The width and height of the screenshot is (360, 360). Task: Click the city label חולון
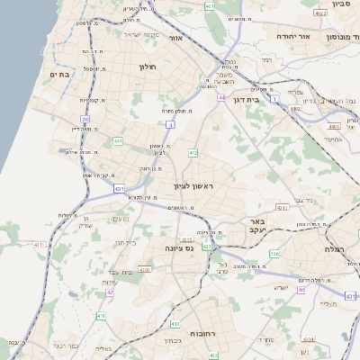(148, 67)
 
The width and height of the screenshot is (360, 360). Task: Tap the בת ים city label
(59, 75)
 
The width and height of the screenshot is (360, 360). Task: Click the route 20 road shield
(85, 118)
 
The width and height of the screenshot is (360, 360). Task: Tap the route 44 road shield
(220, 96)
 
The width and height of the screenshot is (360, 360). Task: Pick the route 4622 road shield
(321, 13)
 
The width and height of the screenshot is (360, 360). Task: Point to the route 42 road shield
(110, 292)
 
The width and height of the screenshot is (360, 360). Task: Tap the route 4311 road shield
(282, 208)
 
